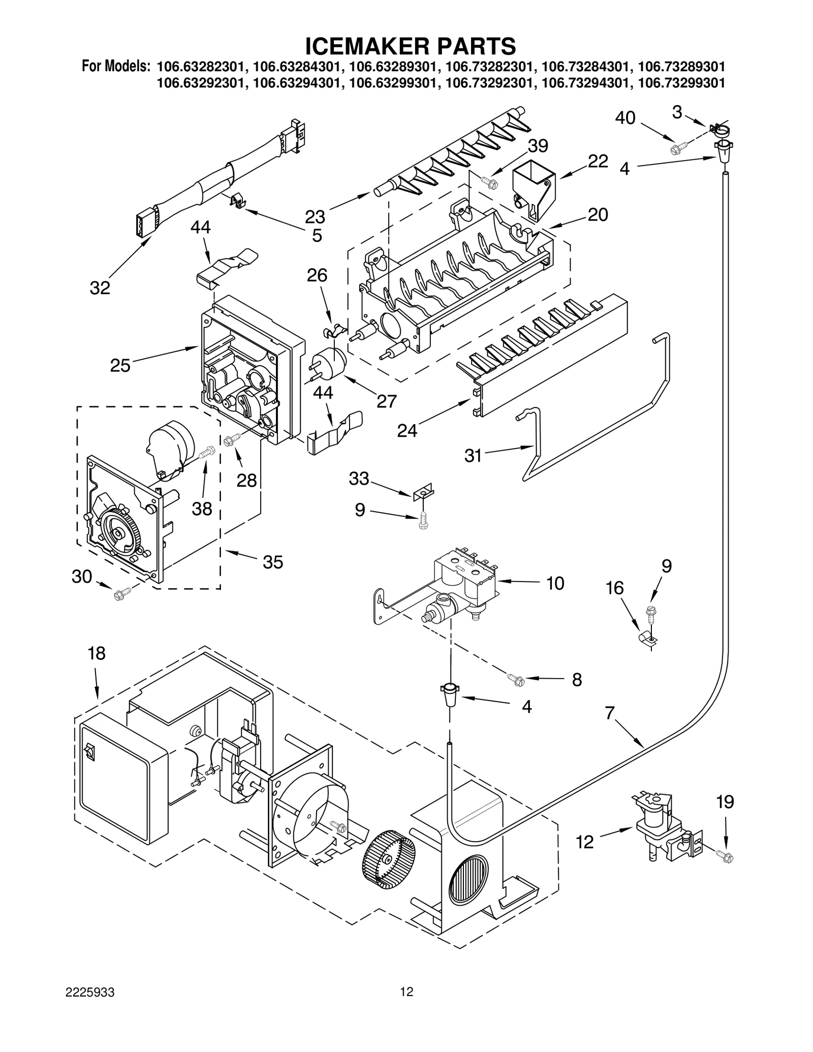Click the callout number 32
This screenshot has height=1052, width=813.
point(100,288)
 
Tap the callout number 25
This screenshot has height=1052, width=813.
point(120,365)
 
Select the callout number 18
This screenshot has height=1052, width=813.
point(97,653)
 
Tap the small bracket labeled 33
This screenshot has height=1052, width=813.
point(423,491)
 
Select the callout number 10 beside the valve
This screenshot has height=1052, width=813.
point(555,583)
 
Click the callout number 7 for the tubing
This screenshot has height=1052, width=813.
point(610,713)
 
